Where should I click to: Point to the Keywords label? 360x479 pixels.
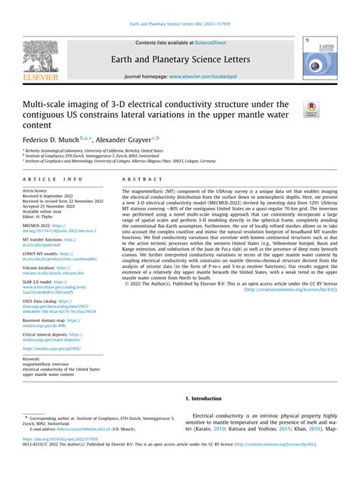click(33, 358)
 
